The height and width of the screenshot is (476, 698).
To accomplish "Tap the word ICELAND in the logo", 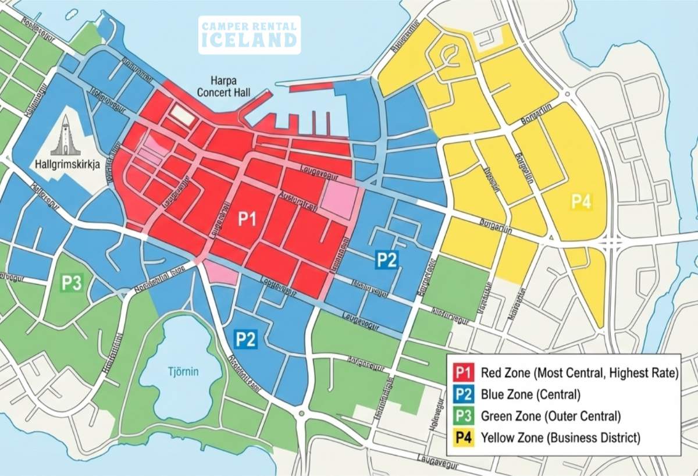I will pos(250,41).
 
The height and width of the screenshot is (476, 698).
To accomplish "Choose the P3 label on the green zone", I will pos(72,283).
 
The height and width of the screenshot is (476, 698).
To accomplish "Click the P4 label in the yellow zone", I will pos(581,202).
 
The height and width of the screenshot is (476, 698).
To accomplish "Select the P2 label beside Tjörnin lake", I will pos(245,339).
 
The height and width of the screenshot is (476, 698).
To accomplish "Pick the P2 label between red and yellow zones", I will pos(386,260).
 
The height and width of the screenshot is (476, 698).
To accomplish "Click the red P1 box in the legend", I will pos(464,372).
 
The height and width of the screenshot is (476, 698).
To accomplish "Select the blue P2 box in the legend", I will pos(464,395).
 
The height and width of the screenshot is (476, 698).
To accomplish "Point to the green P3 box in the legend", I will pos(464,416).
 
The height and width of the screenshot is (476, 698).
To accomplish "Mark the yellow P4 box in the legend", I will pos(464,438).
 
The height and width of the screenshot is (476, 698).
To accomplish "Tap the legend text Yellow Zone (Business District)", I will pos(560,438).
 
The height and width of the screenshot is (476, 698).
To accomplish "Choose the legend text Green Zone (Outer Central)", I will pos(551,416).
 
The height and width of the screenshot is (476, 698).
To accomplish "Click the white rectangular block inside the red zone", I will pos(183,115).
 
